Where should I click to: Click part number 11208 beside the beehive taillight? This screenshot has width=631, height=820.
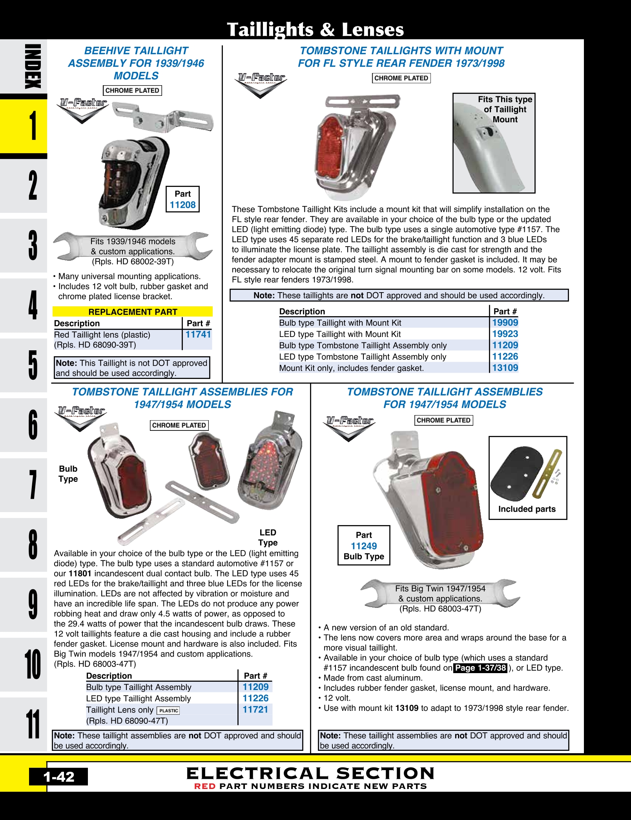182,205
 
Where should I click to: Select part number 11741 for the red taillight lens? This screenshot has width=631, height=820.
198,335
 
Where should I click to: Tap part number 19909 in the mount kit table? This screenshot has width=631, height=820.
505,323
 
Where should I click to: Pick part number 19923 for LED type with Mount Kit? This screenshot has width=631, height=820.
505,334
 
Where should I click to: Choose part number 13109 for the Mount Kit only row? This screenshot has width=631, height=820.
505,368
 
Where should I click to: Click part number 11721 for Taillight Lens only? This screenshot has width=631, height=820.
255,710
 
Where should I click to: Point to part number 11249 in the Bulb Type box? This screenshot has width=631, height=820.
364,546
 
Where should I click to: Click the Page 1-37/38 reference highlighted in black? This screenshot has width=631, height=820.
481,668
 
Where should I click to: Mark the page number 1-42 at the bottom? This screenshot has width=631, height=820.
59,777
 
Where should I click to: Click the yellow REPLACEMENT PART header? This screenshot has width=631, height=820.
133,312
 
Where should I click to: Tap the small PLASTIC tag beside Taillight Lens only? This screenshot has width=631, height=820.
169,710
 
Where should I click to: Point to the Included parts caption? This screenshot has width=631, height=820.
527,509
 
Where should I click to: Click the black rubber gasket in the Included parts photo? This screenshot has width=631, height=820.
515,473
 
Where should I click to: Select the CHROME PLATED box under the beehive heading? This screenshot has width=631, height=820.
132,90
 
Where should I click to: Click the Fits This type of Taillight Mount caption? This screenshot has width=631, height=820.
505,109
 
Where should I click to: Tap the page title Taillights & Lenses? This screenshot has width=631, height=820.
315,29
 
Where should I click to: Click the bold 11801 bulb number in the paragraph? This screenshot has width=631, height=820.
80,573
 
